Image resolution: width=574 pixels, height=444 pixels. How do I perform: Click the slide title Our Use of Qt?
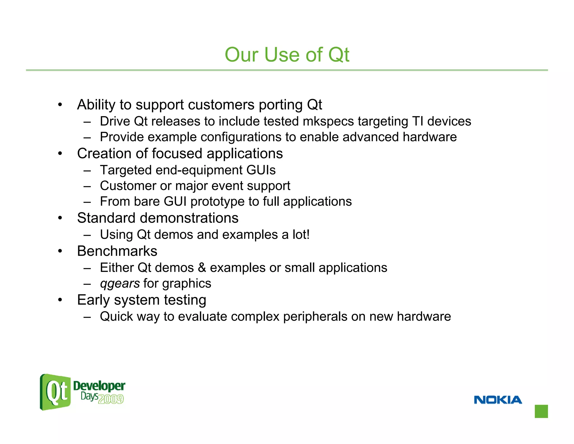pos(287,54)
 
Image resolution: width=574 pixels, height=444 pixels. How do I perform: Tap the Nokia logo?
pos(498,400)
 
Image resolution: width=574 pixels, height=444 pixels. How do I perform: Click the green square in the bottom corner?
pos(541,411)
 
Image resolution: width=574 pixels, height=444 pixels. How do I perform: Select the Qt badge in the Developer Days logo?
pos(55,392)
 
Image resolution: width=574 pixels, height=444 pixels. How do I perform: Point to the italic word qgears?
pos(120,283)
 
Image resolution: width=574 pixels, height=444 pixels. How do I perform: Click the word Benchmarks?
pos(117,251)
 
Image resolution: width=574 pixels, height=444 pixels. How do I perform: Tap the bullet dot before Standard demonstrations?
pos(60,218)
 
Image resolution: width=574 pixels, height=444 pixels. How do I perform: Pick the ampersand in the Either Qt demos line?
pos(202,267)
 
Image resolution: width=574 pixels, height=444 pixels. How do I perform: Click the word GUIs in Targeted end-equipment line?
pos(261,170)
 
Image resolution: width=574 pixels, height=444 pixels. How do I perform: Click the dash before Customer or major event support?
pos(87,186)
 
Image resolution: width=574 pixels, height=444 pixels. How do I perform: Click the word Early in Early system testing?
pos(93,300)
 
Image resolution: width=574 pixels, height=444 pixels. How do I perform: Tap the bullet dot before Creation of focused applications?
pos(60,154)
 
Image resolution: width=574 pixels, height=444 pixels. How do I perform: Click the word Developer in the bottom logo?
pos(99,386)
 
